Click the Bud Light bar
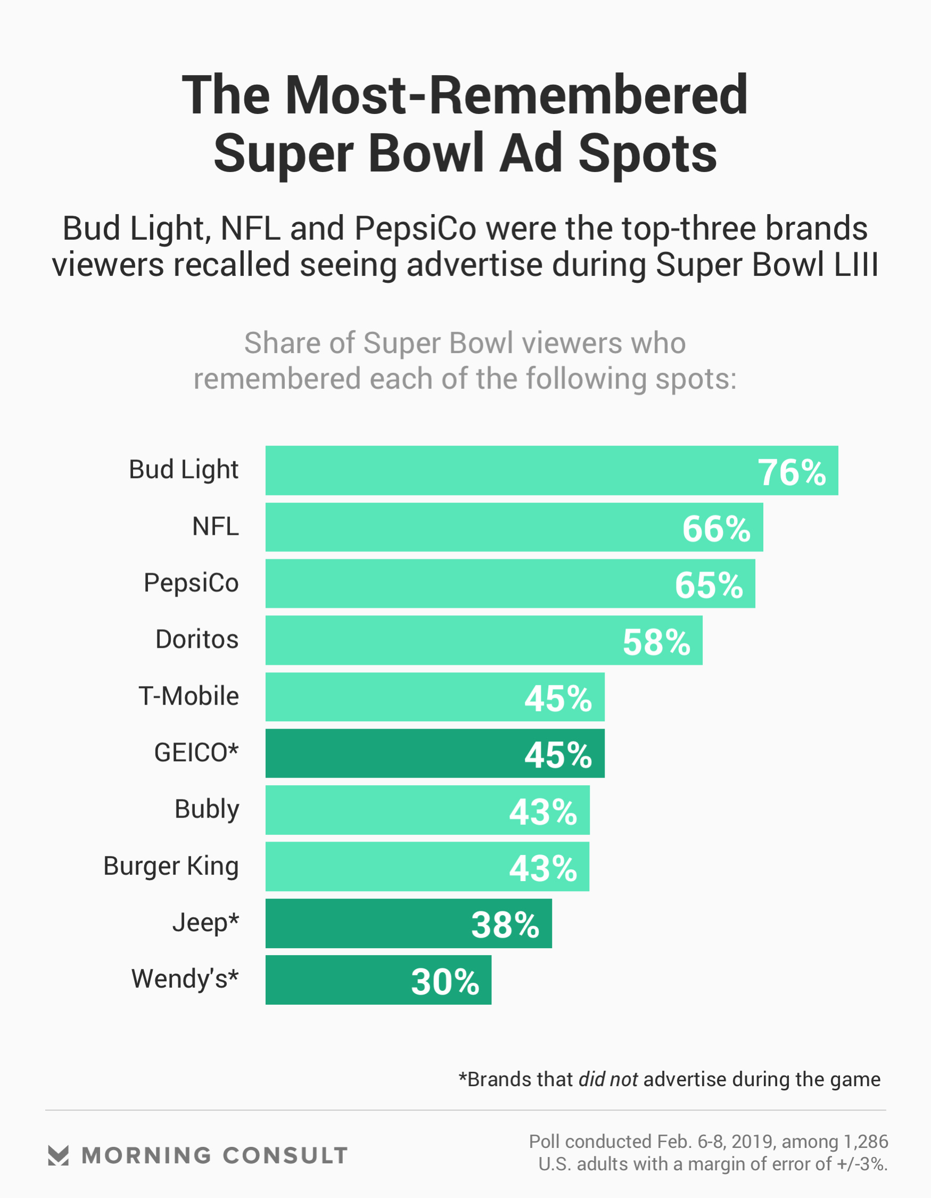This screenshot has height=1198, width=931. tap(551, 471)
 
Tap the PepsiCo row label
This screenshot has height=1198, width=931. tap(191, 583)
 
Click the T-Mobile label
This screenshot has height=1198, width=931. tap(188, 696)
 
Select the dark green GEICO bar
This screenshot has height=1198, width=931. tap(435, 753)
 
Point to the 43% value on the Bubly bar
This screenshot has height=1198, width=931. tap(543, 812)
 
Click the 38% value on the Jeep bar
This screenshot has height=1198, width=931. tap(505, 925)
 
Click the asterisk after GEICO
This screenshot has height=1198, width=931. tap(234, 749)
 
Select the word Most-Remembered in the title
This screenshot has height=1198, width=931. tap(516, 95)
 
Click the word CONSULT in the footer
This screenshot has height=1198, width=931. tap(285, 1155)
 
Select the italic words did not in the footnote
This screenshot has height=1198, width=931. tap(608, 1079)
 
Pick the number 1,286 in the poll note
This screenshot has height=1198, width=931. tap(866, 1141)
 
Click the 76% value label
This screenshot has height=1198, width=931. tap(791, 472)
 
